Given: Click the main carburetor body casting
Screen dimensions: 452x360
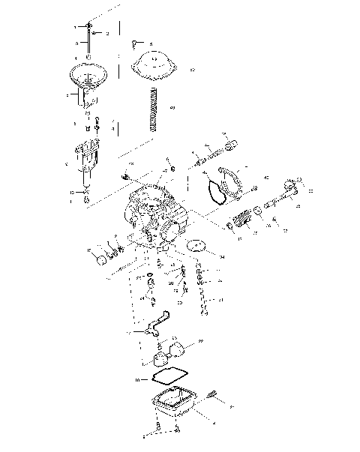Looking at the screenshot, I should (154, 214).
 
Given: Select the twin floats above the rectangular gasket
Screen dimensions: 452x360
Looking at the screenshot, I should (169, 351).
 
